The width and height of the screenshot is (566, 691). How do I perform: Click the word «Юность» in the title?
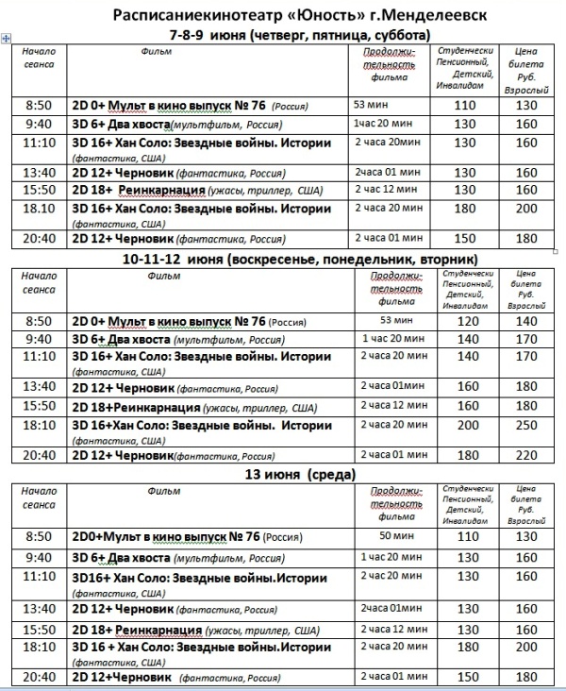[x=304, y=16]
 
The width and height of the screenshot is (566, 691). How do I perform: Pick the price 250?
[x=525, y=426]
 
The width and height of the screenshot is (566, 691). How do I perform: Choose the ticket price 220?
[x=525, y=454]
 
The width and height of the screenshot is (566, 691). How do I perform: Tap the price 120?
[x=466, y=322]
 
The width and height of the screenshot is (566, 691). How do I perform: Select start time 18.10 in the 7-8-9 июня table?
[x=40, y=210]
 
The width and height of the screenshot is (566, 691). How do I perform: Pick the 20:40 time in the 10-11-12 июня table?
[x=40, y=454]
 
